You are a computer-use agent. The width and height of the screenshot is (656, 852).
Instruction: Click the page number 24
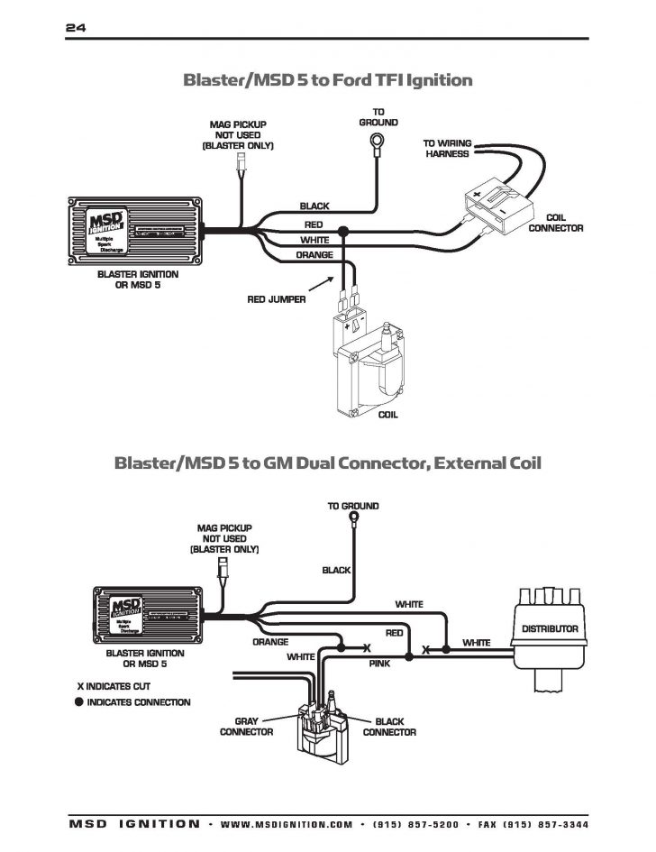(75, 27)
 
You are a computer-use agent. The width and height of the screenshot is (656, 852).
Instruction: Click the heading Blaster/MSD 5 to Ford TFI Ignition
(327, 80)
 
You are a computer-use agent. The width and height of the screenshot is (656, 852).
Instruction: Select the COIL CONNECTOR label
(555, 223)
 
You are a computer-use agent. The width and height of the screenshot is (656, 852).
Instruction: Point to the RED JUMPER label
(277, 298)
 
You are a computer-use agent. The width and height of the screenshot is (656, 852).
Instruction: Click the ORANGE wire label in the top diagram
(314, 255)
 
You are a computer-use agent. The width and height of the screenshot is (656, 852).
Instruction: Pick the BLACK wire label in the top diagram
(314, 206)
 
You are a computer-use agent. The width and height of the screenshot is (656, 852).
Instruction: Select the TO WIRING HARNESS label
(448, 149)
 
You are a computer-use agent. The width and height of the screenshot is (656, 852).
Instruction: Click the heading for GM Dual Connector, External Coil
(327, 463)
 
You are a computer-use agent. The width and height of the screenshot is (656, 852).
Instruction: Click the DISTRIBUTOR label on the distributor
(550, 628)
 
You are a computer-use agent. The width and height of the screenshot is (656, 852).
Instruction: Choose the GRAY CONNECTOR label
(246, 727)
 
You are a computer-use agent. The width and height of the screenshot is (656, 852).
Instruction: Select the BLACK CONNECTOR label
(389, 727)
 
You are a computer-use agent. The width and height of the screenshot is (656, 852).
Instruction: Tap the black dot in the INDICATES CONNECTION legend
(79, 702)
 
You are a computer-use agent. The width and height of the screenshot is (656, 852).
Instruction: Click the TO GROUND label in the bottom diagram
(353, 506)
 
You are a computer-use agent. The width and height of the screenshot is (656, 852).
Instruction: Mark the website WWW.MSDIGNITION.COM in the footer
(287, 824)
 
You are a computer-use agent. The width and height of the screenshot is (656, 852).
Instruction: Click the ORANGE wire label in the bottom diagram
(270, 642)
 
